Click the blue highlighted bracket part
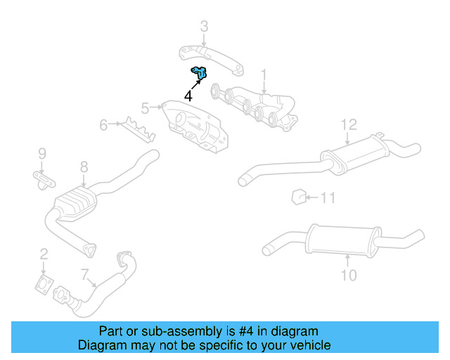pyautogui.click(x=200, y=72)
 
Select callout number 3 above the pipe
pyautogui.click(x=204, y=27)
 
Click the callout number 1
pyautogui.click(x=264, y=75)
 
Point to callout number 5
pyautogui.click(x=145, y=108)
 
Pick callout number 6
pyautogui.click(x=103, y=126)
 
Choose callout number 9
pyautogui.click(x=41, y=153)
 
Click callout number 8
pyautogui.click(x=84, y=167)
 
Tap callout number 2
pyautogui.click(x=44, y=255)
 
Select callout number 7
pyautogui.click(x=85, y=274)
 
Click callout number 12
pyautogui.click(x=349, y=125)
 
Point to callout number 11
pyautogui.click(x=328, y=198)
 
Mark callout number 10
pyautogui.click(x=349, y=275)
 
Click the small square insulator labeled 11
pyautogui.click(x=297, y=196)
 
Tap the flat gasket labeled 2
pyautogui.click(x=44, y=285)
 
